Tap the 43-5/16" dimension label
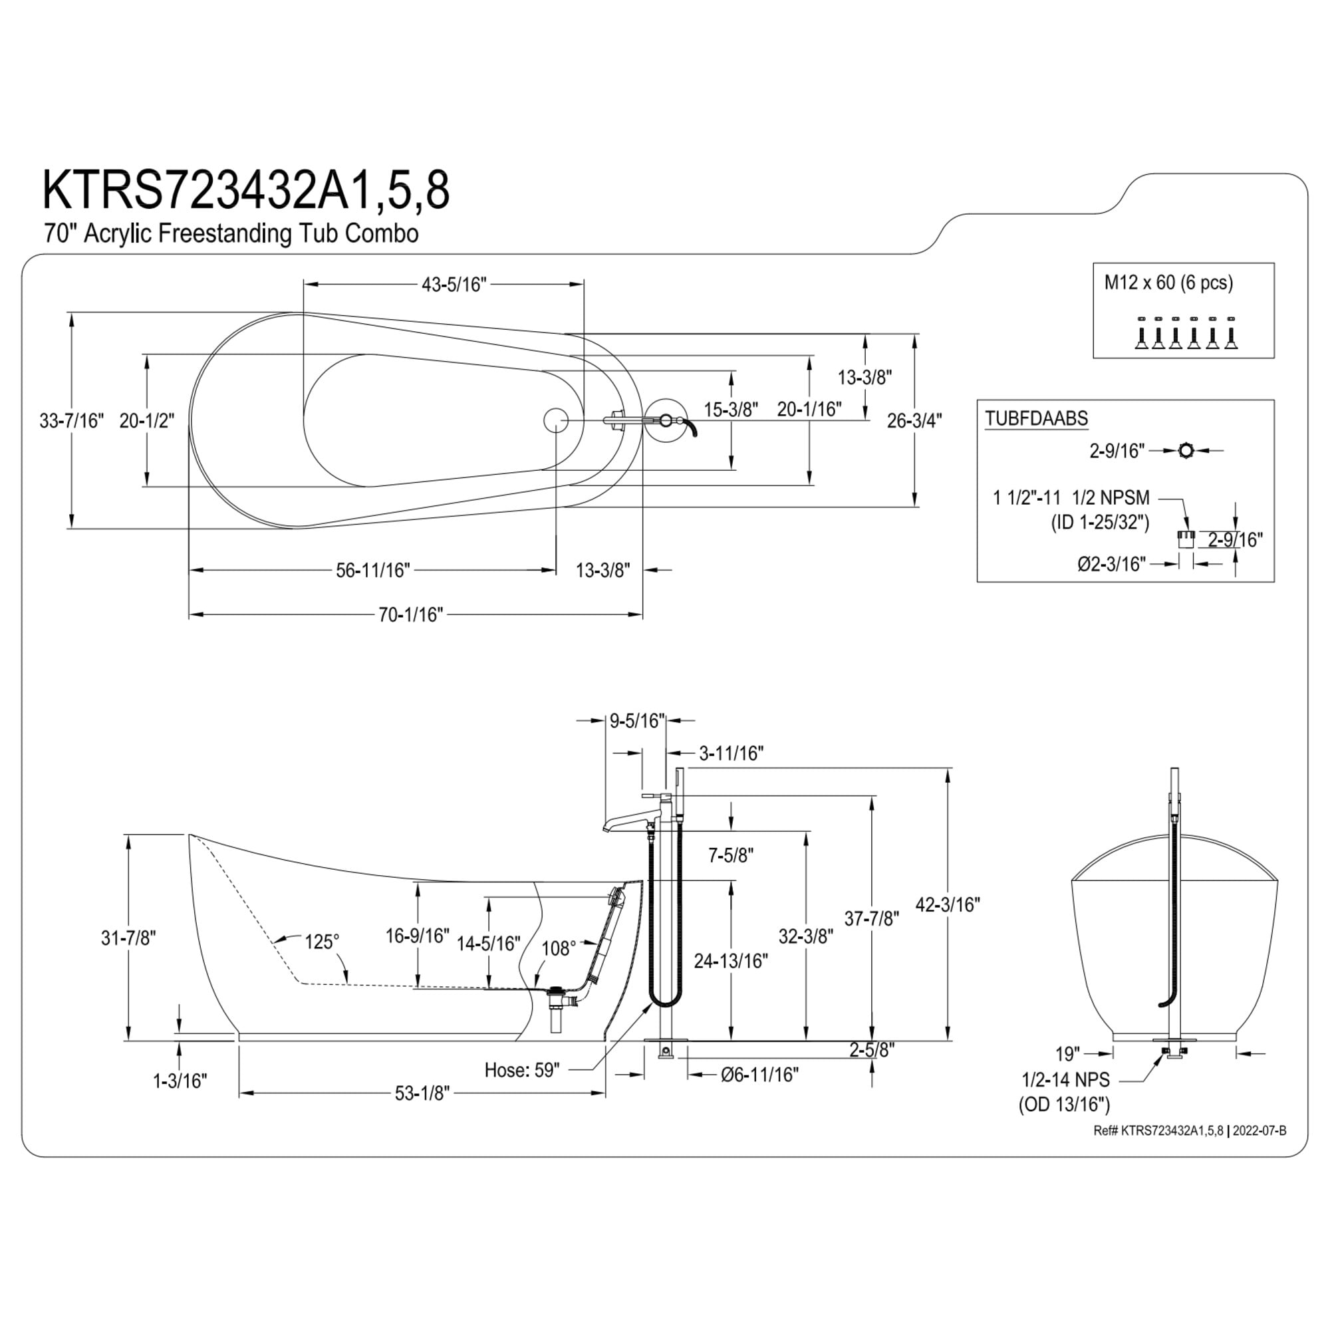(454, 285)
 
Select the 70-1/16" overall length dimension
(410, 614)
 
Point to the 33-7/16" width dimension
(72, 421)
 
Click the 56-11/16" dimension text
(373, 570)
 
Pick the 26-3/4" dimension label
(914, 421)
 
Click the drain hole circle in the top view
(555, 419)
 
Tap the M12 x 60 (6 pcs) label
(1168, 282)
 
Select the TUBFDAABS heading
(1036, 418)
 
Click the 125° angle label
(322, 941)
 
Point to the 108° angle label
(559, 949)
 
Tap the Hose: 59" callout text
(522, 1070)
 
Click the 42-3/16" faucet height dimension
(947, 904)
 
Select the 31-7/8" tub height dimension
(129, 938)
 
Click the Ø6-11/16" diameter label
(760, 1074)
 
